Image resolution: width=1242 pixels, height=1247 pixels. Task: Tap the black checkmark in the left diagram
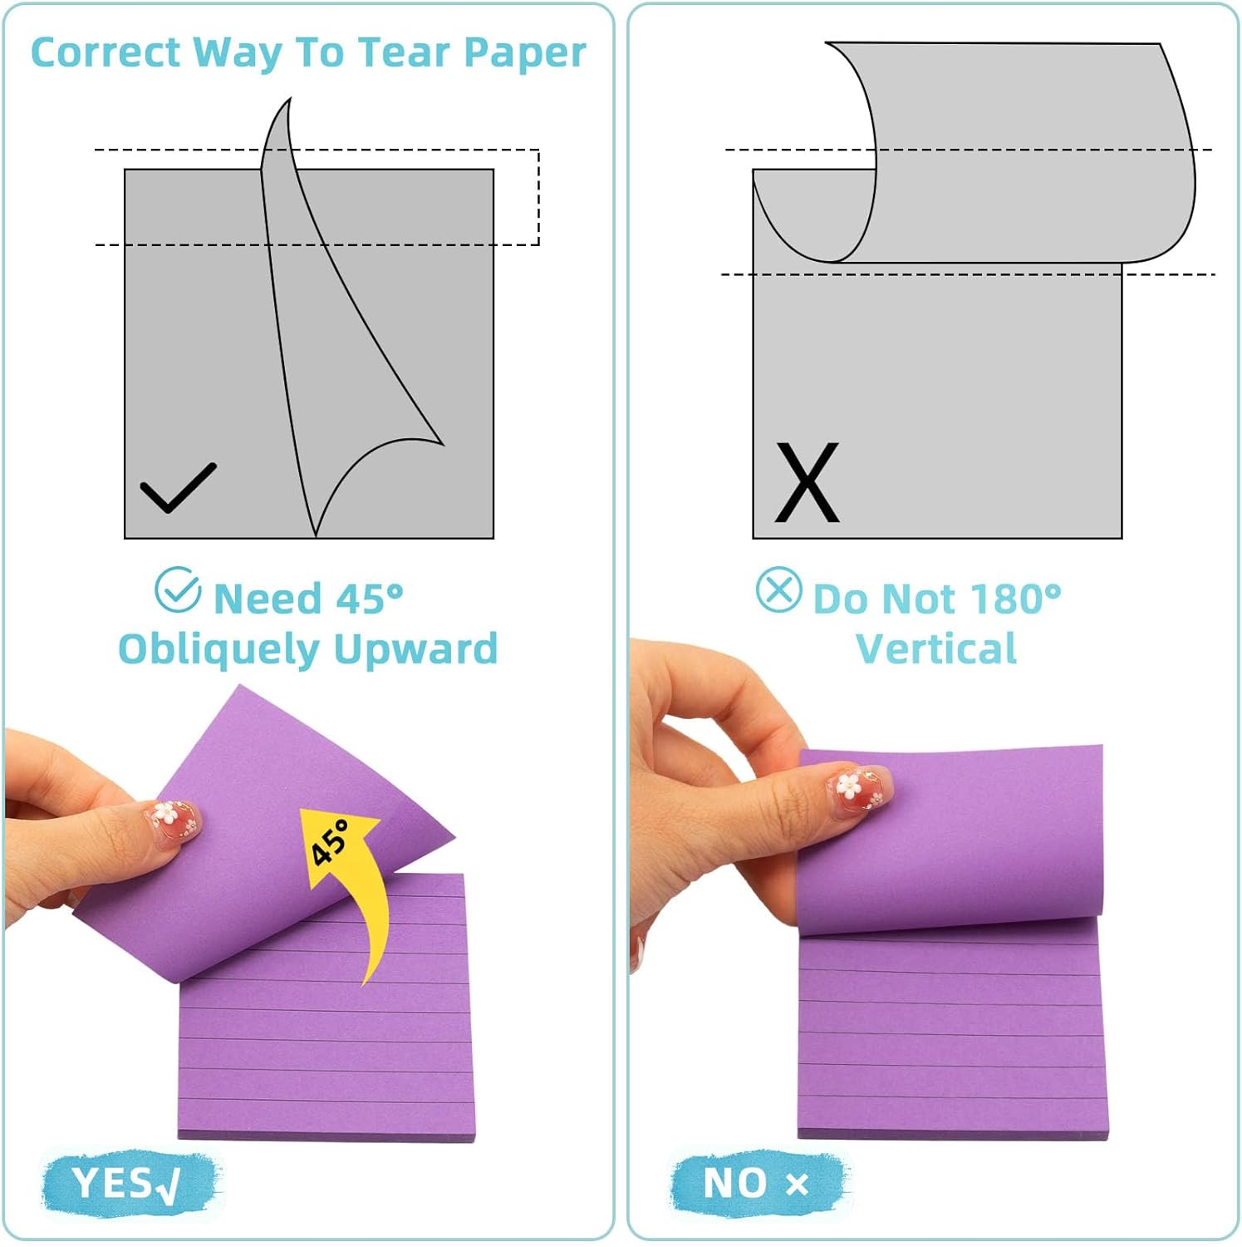pos(178,488)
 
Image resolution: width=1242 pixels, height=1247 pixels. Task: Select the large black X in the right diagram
pos(807,482)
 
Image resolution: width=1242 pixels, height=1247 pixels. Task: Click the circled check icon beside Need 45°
pos(178,590)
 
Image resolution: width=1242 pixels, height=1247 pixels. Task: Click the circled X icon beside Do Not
pos(778,590)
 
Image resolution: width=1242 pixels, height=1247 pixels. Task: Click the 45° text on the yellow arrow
pos(331,841)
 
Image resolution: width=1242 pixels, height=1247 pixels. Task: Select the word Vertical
pos(935,648)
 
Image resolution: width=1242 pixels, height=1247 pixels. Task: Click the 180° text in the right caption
pos(1014,599)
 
